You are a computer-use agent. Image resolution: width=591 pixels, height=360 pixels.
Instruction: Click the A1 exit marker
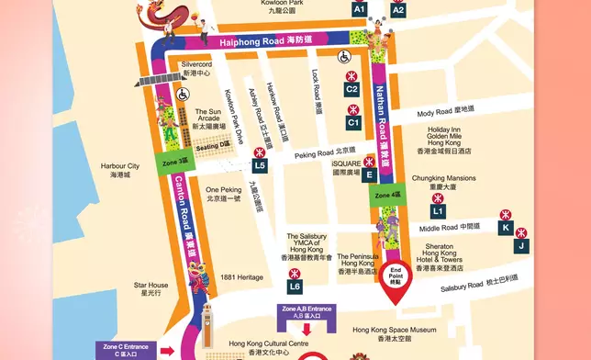359,9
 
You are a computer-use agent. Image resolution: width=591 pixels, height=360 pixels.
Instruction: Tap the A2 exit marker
397,9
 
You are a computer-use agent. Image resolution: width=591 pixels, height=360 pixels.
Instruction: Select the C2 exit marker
351,89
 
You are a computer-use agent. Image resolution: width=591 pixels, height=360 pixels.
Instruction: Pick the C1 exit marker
353,121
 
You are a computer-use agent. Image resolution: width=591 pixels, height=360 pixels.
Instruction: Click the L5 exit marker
261,165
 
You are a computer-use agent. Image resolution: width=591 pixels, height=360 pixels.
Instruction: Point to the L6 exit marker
295,287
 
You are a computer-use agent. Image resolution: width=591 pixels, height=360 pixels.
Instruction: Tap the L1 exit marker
438,211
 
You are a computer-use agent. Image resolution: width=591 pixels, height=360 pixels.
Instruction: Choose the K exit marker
505,227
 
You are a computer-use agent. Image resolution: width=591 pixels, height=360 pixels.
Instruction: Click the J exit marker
520,245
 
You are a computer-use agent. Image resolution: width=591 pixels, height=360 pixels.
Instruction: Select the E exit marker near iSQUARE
369,174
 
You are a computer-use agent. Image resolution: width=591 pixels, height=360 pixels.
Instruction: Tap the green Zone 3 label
175,163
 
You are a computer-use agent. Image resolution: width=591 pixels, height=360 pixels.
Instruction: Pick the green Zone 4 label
387,195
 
